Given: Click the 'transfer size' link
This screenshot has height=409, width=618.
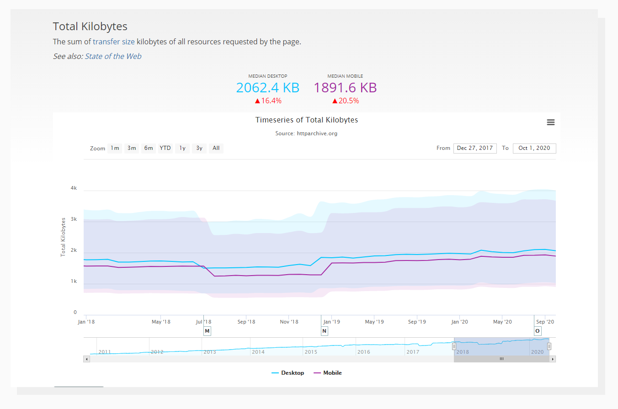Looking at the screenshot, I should pyautogui.click(x=113, y=42).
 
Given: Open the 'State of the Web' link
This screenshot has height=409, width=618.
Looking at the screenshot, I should pyautogui.click(x=113, y=56).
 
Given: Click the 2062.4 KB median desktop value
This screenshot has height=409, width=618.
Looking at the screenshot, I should pyautogui.click(x=267, y=87).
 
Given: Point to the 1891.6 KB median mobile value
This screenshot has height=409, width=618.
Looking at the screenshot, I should pyautogui.click(x=345, y=87).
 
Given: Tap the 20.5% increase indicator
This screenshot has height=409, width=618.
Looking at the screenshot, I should pyautogui.click(x=345, y=101).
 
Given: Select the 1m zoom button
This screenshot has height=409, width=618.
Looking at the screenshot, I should pyautogui.click(x=115, y=148).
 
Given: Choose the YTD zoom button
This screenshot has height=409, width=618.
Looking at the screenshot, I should pyautogui.click(x=165, y=148).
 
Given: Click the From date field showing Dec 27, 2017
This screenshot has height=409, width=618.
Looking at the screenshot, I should pyautogui.click(x=474, y=148).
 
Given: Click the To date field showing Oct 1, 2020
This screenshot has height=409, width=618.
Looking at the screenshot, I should pyautogui.click(x=534, y=148).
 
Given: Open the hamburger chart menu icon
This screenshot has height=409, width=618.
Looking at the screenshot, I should pyautogui.click(x=550, y=122).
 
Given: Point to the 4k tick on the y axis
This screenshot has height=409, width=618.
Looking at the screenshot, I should pyautogui.click(x=74, y=188).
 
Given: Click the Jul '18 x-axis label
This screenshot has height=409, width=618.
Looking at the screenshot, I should pyautogui.click(x=203, y=322).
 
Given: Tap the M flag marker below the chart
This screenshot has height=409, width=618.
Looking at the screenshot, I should pyautogui.click(x=207, y=331).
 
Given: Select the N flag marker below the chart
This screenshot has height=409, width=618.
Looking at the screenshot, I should pyautogui.click(x=325, y=331).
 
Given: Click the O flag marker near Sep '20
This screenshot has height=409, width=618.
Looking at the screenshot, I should pyautogui.click(x=538, y=331).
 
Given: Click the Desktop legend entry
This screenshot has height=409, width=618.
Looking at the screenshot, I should pyautogui.click(x=288, y=373).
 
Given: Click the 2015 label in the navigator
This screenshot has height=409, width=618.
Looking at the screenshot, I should pyautogui.click(x=311, y=352).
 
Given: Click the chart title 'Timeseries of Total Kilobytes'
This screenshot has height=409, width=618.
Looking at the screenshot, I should pyautogui.click(x=306, y=120).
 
